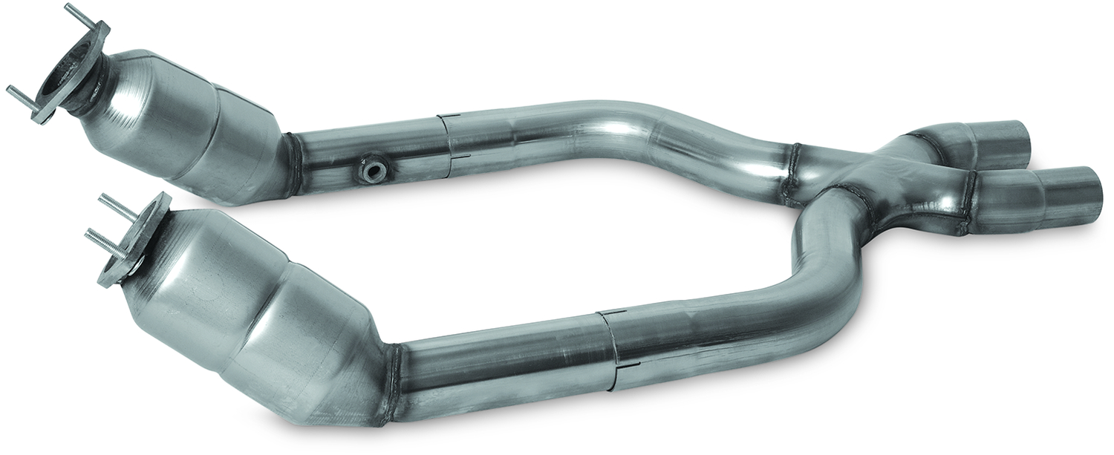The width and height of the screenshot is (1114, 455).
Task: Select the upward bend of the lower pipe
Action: [x=817, y=275]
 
